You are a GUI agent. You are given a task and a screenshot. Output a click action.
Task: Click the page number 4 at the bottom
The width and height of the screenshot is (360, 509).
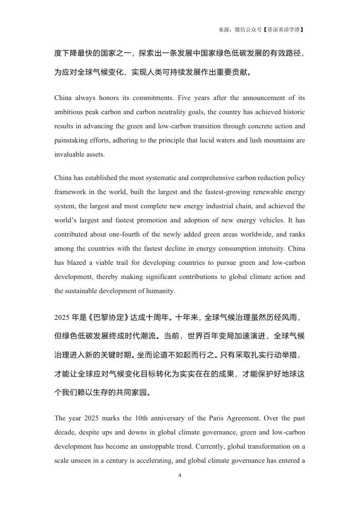179,475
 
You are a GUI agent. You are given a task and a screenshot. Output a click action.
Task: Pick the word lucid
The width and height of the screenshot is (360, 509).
212,140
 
